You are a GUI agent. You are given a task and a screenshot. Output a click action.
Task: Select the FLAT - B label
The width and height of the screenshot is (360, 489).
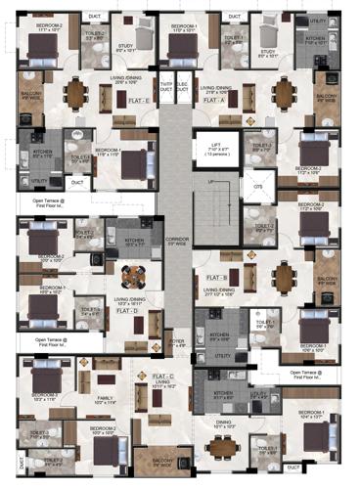[217, 278]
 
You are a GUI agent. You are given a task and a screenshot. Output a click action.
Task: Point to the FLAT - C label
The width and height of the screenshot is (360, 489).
[163, 376]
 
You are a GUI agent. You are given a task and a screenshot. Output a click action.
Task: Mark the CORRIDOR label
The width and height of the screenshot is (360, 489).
[176, 240]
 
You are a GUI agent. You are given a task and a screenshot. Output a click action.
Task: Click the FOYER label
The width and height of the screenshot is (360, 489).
[177, 342]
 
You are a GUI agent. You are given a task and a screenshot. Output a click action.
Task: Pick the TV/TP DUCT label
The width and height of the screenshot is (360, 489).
[165, 85]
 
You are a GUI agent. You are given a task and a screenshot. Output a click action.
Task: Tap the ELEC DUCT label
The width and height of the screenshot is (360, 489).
[183, 85]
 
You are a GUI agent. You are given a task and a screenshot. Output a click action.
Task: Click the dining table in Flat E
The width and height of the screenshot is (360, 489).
[76, 93]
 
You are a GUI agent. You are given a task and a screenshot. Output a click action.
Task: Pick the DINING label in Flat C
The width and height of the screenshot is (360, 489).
[225, 422]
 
